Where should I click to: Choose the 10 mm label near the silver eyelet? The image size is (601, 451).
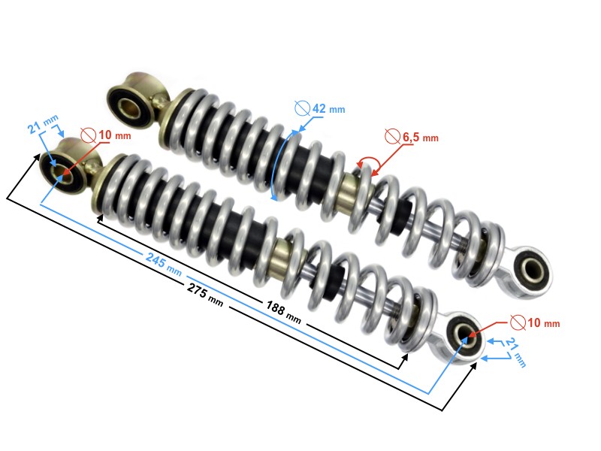point(540,323)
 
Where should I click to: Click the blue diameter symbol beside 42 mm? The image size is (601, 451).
point(302,108)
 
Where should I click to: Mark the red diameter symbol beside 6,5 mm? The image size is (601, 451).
point(392,137)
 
